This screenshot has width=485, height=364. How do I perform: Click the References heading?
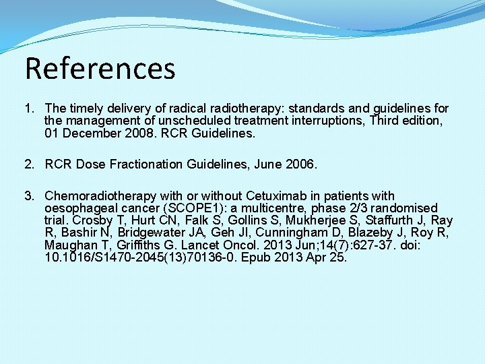100,68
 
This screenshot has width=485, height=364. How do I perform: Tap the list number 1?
29,109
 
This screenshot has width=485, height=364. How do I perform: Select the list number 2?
29,164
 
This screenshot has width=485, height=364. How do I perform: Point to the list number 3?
29,196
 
